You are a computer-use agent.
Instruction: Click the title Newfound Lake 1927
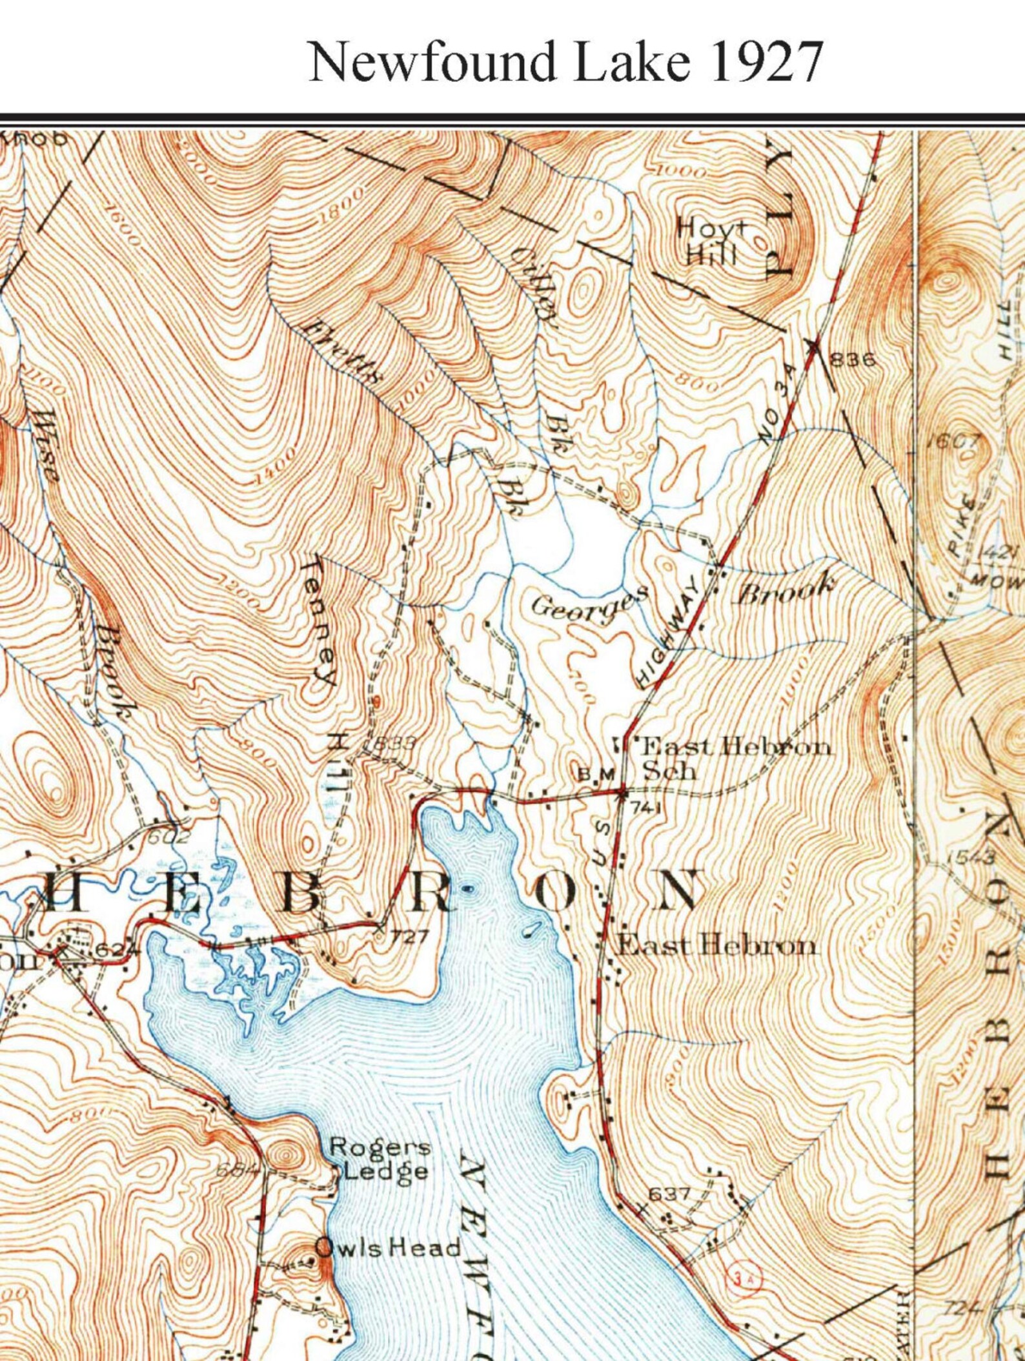566,61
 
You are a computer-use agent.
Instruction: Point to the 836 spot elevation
852,359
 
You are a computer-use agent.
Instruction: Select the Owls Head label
387,1248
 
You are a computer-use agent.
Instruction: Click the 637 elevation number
669,1194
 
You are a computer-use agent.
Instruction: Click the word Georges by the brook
589,603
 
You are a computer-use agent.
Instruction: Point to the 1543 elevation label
971,857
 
